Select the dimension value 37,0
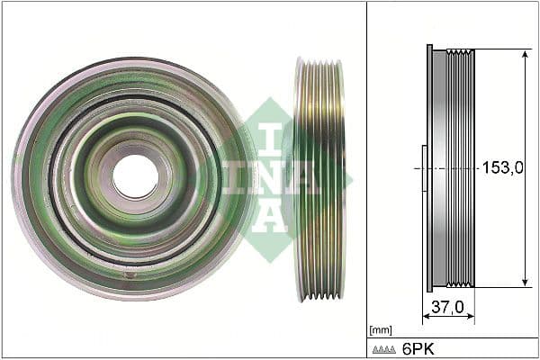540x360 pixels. [447, 308]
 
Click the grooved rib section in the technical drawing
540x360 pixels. [462, 168]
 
